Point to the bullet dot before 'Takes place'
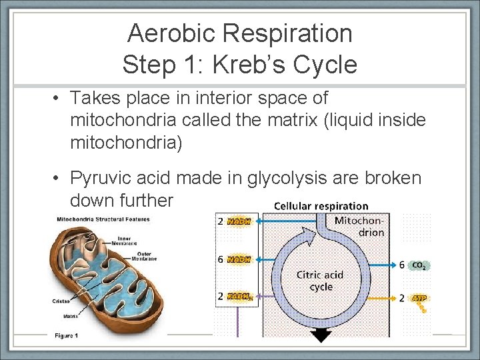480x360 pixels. pos(59,99)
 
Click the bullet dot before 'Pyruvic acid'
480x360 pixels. pos(59,179)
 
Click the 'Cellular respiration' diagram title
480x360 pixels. pos(321,206)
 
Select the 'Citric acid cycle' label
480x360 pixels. pos(321,281)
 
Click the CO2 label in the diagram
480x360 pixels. pos(419,265)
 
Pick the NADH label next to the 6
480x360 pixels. pos(239,259)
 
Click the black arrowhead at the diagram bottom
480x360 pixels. pos(321,337)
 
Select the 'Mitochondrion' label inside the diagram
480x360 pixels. pos(359,227)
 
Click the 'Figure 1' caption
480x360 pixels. pos(66,335)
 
